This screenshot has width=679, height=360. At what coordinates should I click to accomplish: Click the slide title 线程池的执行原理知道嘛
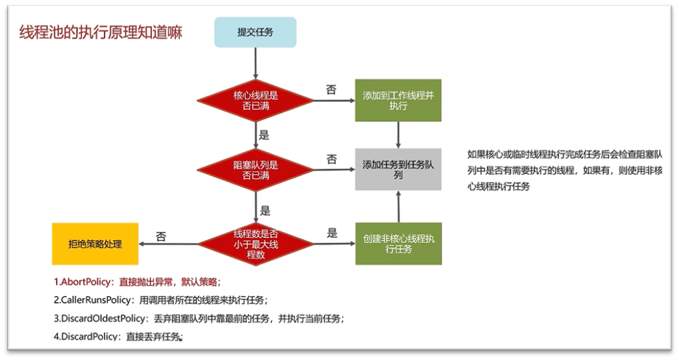(x=100, y=33)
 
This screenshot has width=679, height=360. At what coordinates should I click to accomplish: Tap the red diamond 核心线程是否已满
(x=256, y=101)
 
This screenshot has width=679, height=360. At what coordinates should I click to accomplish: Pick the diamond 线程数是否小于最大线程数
(x=256, y=243)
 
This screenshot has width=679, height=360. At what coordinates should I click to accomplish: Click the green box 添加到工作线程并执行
(x=398, y=101)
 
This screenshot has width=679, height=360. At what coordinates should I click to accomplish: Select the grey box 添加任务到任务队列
(x=398, y=169)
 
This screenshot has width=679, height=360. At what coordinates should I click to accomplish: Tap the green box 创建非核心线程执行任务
(x=398, y=243)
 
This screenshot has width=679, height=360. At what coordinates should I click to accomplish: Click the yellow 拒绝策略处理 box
(x=95, y=244)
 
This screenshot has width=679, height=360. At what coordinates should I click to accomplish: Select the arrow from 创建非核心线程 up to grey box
(x=398, y=207)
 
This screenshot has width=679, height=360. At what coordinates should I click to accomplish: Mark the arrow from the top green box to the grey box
(x=398, y=135)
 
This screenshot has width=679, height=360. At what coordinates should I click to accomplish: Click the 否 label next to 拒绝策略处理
(x=161, y=235)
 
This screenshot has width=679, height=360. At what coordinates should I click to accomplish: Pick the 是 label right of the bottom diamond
(x=332, y=233)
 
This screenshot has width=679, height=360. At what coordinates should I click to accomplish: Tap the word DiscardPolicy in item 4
(x=87, y=337)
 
